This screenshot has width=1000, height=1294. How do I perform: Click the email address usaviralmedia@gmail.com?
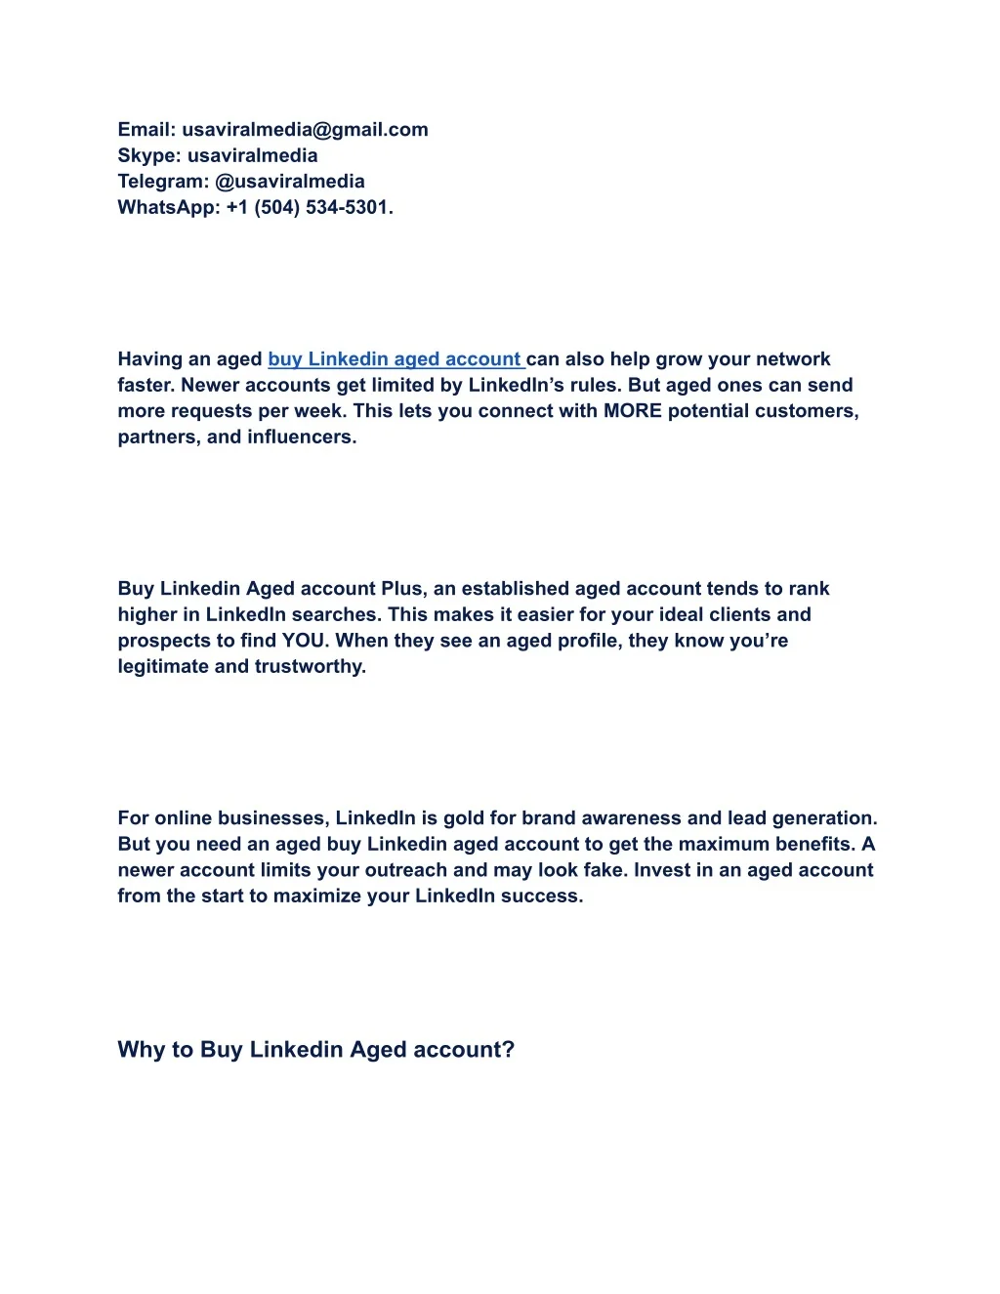click(305, 130)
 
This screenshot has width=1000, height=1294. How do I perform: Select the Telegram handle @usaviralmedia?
click(290, 182)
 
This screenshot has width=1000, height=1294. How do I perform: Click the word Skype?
click(147, 156)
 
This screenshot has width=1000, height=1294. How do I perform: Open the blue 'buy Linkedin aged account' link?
click(396, 359)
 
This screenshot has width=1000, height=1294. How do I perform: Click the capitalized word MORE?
click(633, 411)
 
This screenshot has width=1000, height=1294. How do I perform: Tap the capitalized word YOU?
click(305, 641)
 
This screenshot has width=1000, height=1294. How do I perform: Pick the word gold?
click(466, 818)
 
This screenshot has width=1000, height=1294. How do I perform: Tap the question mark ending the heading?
click(508, 1050)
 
